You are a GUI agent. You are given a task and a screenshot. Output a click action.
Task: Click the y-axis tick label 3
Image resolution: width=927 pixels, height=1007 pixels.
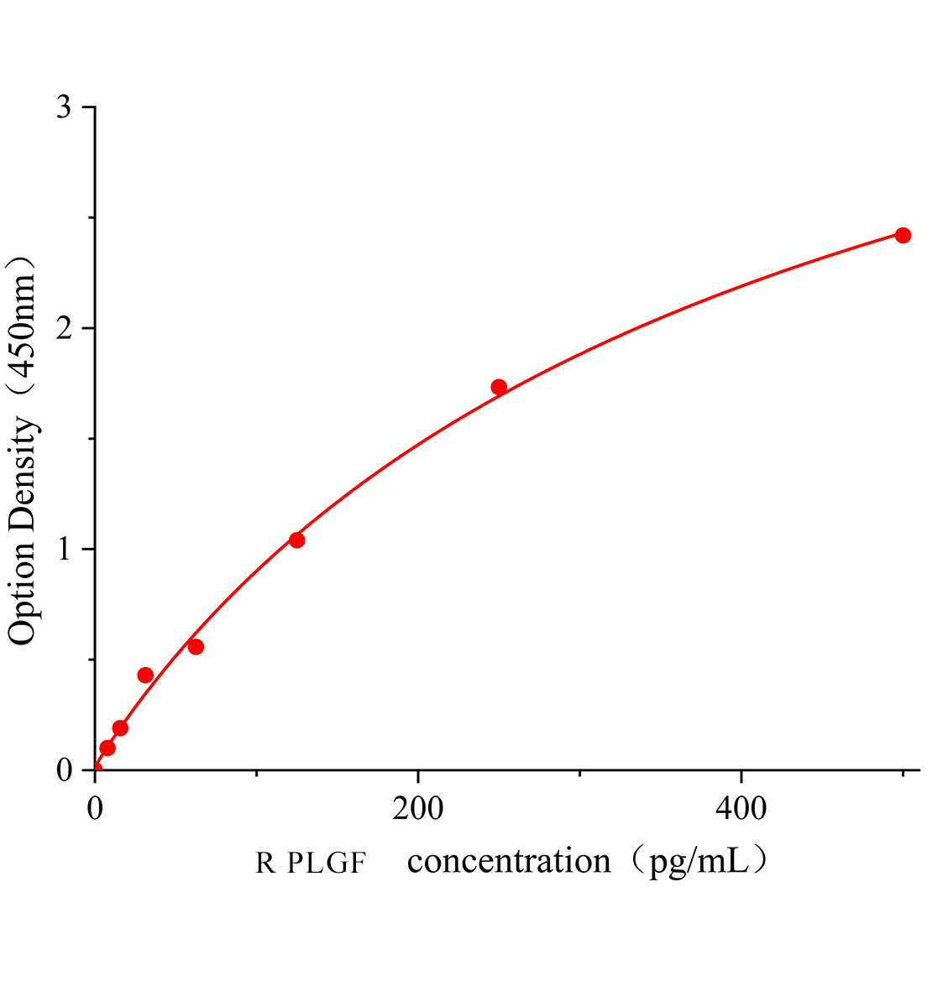point(64,108)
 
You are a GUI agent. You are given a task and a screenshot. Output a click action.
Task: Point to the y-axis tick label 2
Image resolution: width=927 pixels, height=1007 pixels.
point(64,329)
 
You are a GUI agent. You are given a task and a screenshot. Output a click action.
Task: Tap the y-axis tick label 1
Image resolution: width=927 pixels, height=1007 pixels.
point(64,550)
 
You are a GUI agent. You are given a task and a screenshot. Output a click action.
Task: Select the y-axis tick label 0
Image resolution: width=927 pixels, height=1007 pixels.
point(64,770)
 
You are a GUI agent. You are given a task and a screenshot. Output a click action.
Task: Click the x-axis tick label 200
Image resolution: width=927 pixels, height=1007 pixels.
point(418,807)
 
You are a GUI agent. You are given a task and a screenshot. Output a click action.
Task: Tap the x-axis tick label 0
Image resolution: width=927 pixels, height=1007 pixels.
point(95,807)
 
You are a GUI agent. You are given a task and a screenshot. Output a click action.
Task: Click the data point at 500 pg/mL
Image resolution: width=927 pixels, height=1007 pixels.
point(903,235)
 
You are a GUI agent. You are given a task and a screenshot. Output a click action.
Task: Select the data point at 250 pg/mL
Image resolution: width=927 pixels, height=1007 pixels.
point(499,387)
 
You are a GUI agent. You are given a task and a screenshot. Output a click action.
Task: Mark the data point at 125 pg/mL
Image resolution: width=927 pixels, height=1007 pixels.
point(296,540)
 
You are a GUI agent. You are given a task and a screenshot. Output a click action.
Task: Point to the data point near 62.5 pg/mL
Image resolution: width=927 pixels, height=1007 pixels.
point(196,646)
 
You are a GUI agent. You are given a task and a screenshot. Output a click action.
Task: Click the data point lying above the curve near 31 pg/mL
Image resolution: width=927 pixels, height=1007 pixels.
point(145,675)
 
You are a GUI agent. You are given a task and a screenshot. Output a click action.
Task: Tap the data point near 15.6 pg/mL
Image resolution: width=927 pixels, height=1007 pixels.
point(120,728)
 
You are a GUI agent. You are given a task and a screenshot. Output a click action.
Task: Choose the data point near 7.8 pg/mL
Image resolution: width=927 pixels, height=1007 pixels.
point(107,748)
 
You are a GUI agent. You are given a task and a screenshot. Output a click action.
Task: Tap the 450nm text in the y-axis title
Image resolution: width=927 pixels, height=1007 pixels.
point(23,327)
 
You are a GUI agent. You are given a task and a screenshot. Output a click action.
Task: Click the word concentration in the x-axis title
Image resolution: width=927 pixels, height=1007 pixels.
point(509,861)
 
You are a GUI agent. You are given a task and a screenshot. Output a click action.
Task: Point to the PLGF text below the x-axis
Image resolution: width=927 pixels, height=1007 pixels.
point(327,863)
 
